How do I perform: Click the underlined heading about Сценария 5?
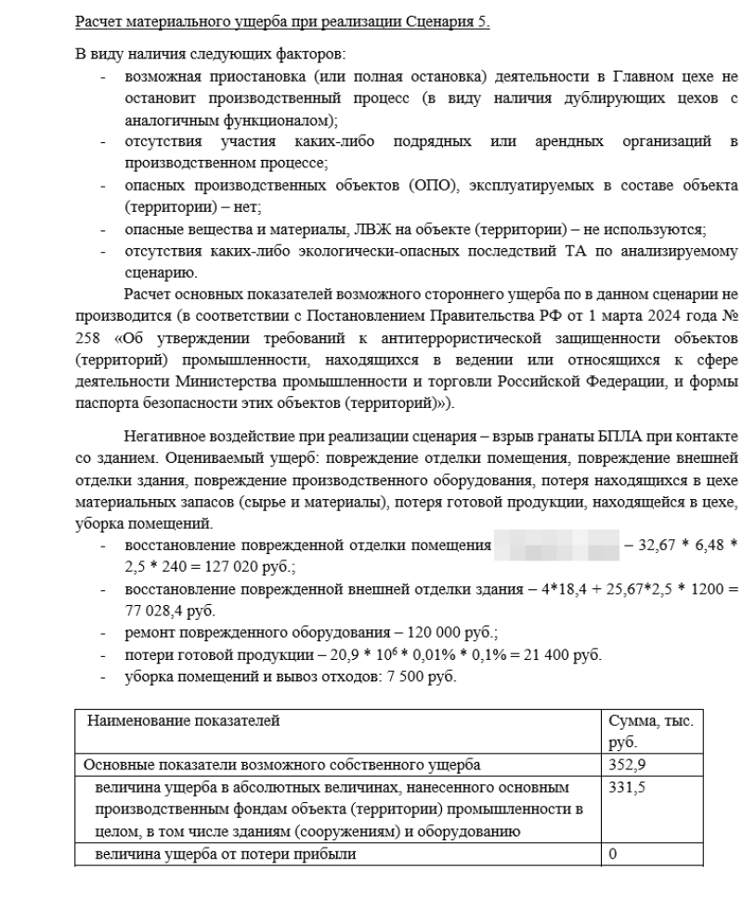(x=282, y=21)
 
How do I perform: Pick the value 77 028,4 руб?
(x=157, y=611)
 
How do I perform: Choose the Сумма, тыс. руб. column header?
(x=650, y=731)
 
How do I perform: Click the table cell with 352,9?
(x=623, y=766)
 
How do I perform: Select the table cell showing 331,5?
(x=623, y=787)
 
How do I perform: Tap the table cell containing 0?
(x=612, y=853)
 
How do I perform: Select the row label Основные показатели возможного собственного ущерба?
(x=282, y=766)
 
